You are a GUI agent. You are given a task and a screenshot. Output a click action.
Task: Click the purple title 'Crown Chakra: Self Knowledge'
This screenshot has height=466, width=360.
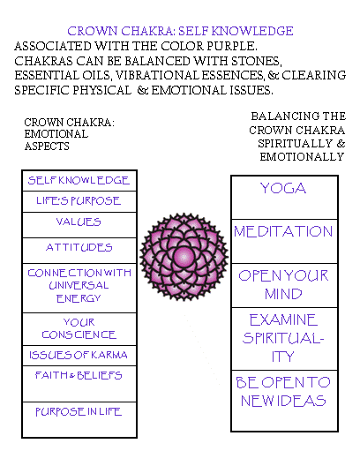[180, 31]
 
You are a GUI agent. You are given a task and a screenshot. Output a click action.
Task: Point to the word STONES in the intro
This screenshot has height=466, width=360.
[256, 61]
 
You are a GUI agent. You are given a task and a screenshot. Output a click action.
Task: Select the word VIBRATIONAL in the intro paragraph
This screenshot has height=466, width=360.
[157, 76]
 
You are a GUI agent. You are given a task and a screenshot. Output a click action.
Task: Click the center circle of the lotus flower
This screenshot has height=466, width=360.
[184, 256]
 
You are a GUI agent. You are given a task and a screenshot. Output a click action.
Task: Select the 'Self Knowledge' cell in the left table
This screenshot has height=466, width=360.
[79, 180]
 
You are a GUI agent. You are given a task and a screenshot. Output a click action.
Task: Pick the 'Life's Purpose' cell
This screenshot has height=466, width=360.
[79, 201]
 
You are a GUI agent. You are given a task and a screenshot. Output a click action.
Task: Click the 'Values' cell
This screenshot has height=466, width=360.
[79, 225]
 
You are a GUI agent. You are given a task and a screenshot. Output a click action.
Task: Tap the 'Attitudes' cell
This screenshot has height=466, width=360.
[79, 251]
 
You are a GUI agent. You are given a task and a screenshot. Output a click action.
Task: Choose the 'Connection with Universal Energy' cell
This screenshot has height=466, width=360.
[79, 288]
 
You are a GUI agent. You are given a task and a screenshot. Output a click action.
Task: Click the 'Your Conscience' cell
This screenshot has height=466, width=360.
[79, 329]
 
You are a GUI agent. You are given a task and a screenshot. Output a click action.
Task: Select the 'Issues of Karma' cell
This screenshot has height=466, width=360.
[79, 356]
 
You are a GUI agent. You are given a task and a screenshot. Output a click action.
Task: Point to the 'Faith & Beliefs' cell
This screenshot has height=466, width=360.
[79, 384]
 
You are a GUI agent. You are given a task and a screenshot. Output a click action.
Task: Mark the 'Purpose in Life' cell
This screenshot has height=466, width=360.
[79, 419]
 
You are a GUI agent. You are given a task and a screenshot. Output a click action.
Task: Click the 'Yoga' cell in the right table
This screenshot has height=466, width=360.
[284, 198]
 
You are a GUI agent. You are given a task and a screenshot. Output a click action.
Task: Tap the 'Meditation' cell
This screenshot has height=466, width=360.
[284, 241]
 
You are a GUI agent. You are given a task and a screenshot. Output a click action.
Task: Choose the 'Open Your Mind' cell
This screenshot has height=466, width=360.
[284, 285]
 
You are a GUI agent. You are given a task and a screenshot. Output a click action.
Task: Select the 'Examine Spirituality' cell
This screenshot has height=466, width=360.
[284, 339]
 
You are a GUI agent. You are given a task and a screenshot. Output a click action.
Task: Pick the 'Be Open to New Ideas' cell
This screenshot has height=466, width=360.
[284, 401]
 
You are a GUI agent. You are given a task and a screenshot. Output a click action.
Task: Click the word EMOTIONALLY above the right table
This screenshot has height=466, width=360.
[302, 156]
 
